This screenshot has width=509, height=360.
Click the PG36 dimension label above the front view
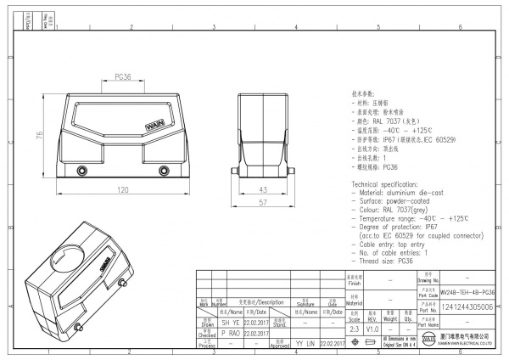(x=121, y=76)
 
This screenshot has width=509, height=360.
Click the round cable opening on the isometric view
(x=70, y=258)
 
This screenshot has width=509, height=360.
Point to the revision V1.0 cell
(x=372, y=328)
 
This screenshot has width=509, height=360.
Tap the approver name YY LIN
(x=305, y=344)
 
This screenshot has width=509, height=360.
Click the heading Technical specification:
(x=389, y=183)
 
